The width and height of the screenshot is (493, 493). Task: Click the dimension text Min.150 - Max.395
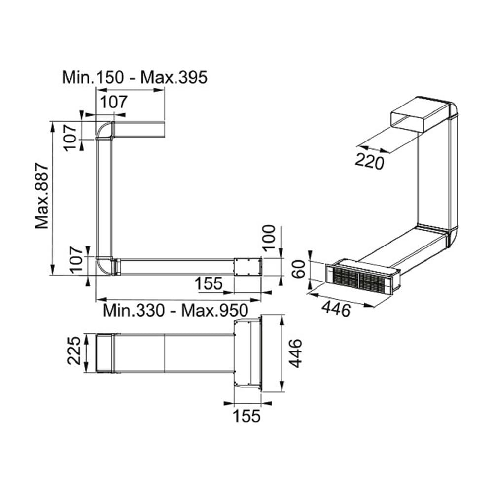click(135, 77)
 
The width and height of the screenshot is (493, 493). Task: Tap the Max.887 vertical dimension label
click(42, 196)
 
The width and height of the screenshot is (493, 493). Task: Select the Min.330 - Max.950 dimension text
click(176, 310)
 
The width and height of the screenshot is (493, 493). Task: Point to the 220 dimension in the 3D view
click(369, 162)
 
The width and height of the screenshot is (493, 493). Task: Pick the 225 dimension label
click(74, 351)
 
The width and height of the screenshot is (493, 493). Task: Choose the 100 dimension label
click(269, 238)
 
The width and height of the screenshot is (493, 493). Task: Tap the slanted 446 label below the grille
click(336, 309)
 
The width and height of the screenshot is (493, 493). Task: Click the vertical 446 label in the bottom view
click(295, 353)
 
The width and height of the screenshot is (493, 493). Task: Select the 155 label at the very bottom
click(247, 416)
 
